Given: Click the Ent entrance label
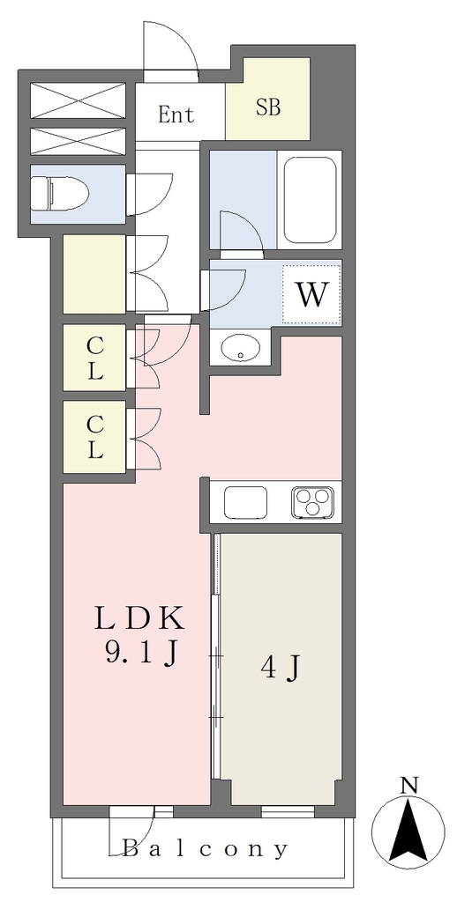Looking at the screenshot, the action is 176,115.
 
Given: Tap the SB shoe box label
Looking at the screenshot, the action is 268,107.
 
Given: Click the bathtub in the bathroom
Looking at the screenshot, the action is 309,200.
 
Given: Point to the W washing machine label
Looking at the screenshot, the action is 311,296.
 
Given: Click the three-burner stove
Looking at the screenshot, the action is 313,501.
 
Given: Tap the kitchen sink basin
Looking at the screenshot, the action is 245,502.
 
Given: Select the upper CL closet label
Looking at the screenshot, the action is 95,358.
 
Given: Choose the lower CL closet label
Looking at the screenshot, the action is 95,437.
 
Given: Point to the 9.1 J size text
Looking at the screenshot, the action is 140,654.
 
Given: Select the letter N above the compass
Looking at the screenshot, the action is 408,785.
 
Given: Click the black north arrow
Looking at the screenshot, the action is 408,829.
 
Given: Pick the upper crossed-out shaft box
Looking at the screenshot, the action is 78,100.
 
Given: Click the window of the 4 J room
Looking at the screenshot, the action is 288,811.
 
